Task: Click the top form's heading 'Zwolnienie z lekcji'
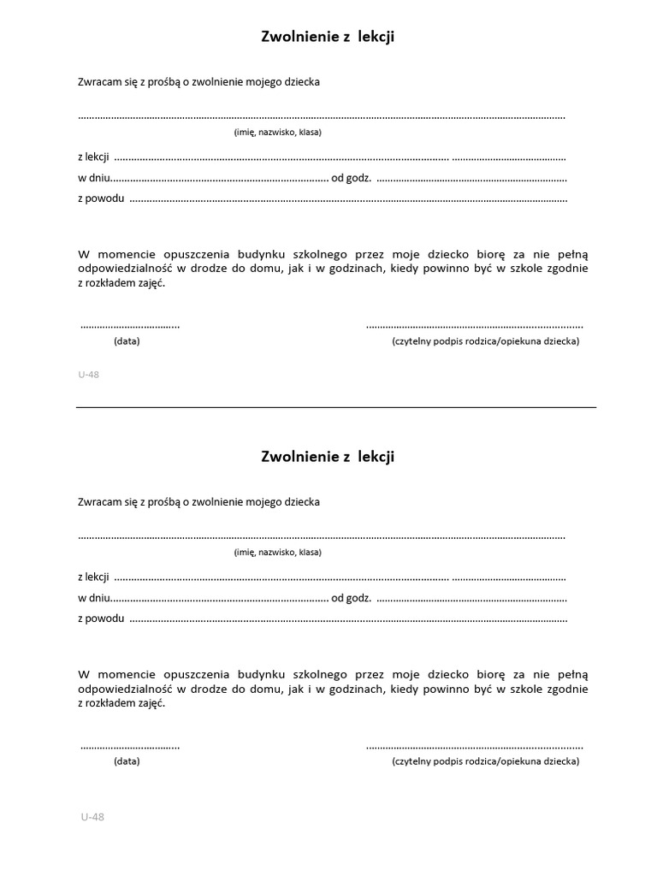(328, 37)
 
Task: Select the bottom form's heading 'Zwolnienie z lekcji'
(328, 457)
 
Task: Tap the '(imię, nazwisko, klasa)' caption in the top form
(277, 132)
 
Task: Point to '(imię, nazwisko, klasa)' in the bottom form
(277, 552)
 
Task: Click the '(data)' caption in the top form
(127, 340)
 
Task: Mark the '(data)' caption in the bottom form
(127, 761)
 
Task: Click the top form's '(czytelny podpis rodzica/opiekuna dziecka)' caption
(485, 340)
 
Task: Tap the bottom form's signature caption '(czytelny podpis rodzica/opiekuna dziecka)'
(485, 761)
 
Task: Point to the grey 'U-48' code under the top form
(88, 374)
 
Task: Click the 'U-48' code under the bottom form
(92, 817)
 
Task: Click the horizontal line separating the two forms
(335, 407)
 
